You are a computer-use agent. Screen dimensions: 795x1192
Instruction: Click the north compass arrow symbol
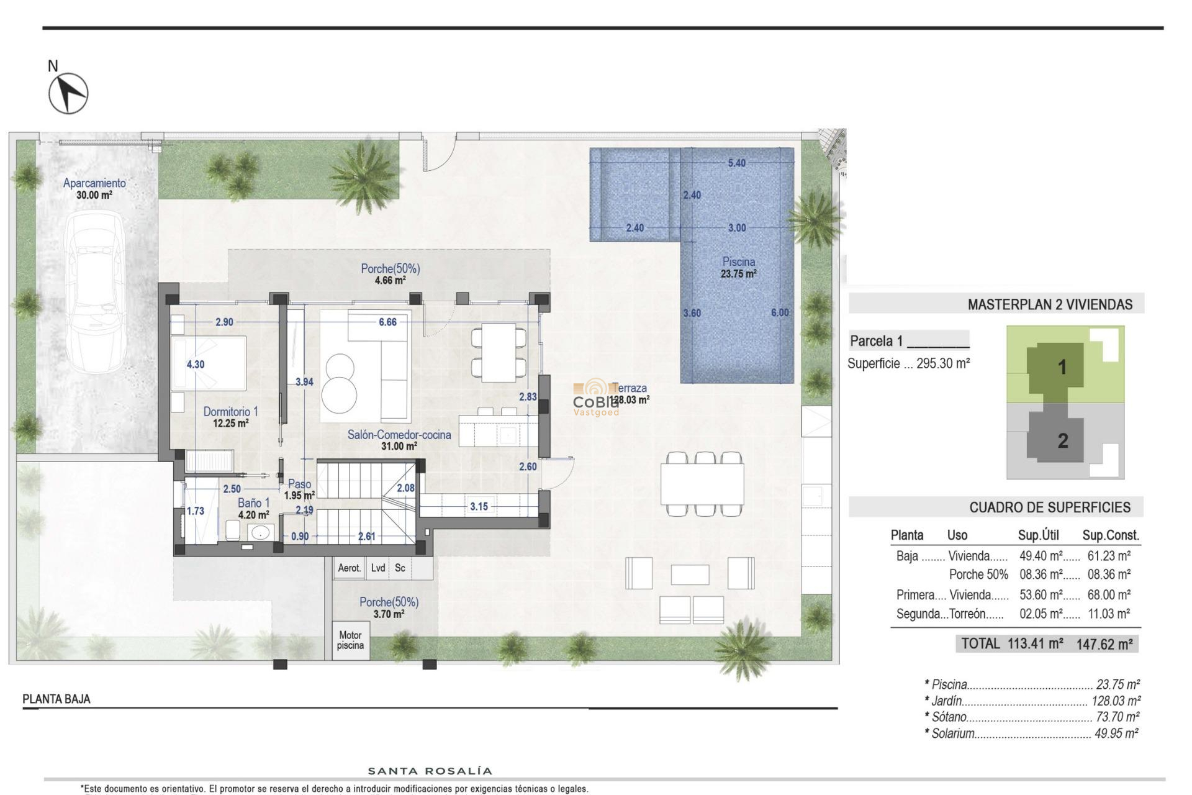(x=68, y=93)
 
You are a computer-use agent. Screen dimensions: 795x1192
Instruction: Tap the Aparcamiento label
(x=94, y=183)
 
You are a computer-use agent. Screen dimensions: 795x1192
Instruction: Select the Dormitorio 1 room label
(x=230, y=412)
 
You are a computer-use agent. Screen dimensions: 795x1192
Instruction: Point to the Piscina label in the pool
(x=738, y=262)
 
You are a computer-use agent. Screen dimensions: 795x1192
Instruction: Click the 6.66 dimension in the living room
(x=387, y=322)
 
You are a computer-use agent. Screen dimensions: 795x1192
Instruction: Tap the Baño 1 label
(x=253, y=503)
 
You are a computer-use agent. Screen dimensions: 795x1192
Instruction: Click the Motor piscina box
(x=350, y=640)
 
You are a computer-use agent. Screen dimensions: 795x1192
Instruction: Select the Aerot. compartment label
(x=350, y=568)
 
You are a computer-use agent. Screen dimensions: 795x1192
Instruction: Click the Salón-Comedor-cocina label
(x=399, y=435)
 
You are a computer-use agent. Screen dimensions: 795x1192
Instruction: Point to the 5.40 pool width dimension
(x=736, y=163)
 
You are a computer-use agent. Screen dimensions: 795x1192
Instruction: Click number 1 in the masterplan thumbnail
(x=1062, y=367)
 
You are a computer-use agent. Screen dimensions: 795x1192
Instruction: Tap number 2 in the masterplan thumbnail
(x=1062, y=440)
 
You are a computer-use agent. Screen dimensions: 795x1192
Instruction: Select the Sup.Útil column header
(x=1038, y=535)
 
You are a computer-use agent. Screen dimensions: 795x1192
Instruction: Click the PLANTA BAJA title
(x=56, y=699)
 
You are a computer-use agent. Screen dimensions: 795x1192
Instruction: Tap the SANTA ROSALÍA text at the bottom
(x=430, y=771)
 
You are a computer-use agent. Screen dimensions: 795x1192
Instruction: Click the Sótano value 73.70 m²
(x=1117, y=717)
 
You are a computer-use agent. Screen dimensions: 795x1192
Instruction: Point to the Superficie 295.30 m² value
(x=942, y=364)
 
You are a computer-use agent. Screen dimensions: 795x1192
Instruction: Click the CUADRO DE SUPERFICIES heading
(x=1049, y=507)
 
